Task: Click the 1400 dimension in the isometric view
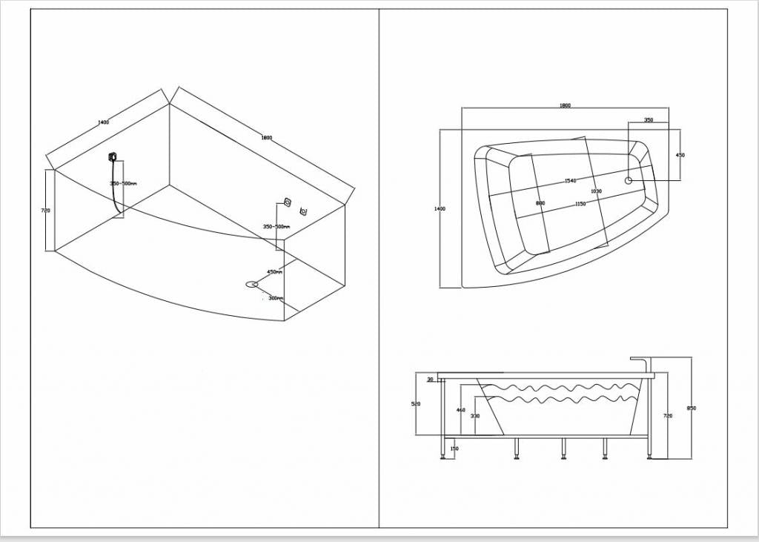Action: click(103, 122)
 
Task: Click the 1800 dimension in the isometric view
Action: click(266, 137)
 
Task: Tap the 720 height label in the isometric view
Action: click(45, 211)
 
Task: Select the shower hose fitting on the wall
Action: click(112, 156)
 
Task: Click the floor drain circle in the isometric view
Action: click(252, 284)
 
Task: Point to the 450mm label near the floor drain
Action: click(274, 272)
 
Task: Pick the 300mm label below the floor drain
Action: click(275, 298)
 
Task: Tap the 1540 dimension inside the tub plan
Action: click(570, 181)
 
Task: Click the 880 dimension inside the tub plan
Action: click(540, 203)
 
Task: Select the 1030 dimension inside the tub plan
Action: click(596, 191)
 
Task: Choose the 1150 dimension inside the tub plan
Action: click(580, 204)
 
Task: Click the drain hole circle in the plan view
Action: click(629, 179)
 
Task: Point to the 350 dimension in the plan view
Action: click(648, 119)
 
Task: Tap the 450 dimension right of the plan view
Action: click(680, 155)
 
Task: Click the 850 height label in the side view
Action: click(692, 409)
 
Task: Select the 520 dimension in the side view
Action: click(416, 404)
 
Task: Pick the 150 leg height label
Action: click(454, 448)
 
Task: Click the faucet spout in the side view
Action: click(639, 360)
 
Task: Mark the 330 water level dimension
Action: click(474, 416)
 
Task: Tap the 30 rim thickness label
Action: click(430, 380)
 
